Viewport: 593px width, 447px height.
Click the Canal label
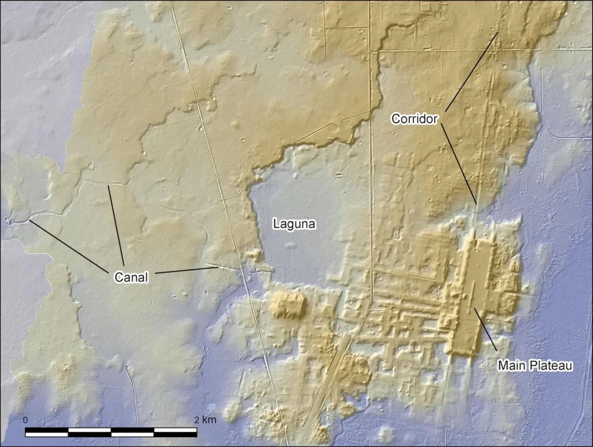click(131, 278)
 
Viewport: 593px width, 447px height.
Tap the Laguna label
click(294, 223)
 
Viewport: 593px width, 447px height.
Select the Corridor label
click(415, 119)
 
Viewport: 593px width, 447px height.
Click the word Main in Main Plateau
click(510, 365)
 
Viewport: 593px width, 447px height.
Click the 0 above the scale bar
click(25, 419)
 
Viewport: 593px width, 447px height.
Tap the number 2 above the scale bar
click(197, 419)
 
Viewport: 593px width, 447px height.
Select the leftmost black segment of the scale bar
click(47, 432)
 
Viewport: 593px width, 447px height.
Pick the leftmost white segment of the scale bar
click(90, 432)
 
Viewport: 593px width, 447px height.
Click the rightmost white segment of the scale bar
click(175, 432)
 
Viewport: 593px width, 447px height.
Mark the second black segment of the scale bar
click(133, 432)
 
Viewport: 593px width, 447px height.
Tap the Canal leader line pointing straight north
click(115, 226)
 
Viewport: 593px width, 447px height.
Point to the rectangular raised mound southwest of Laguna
click(287, 305)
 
